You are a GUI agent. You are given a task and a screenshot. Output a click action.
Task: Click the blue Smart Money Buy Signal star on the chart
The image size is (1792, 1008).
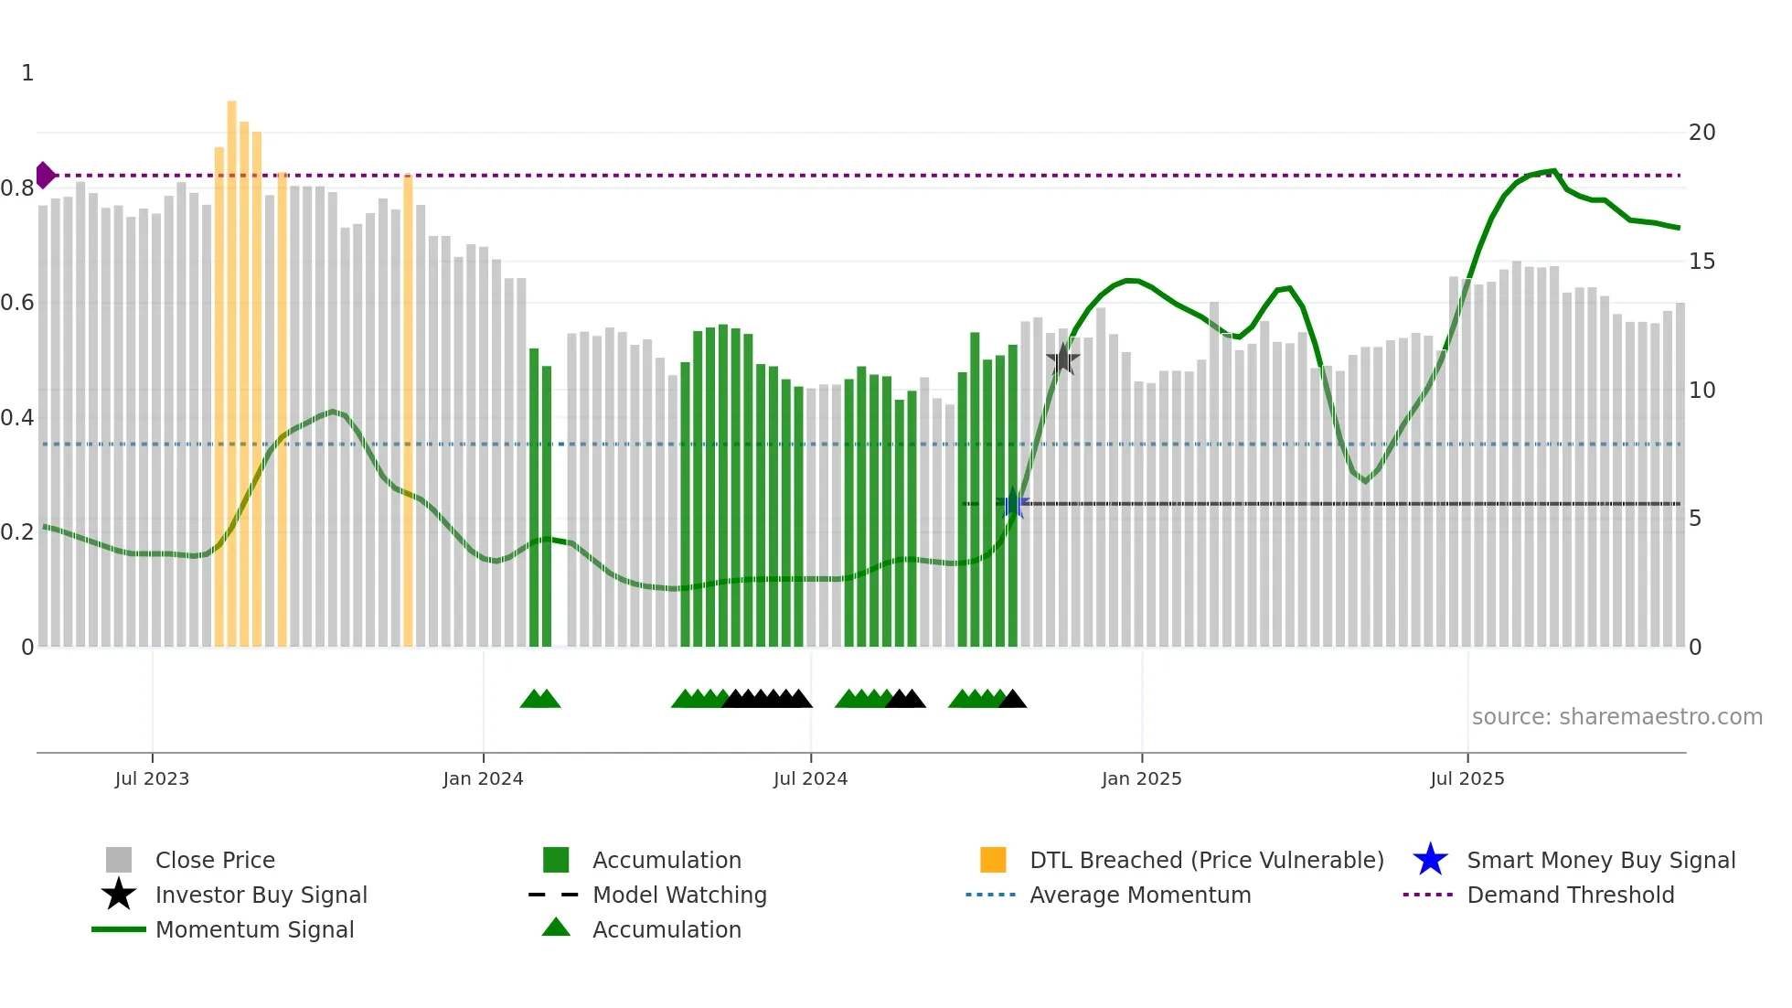(x=1013, y=504)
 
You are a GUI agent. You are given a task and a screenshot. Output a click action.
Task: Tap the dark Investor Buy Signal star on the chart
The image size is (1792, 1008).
(x=1062, y=359)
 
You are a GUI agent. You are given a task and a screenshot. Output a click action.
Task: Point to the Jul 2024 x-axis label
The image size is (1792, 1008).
(x=810, y=778)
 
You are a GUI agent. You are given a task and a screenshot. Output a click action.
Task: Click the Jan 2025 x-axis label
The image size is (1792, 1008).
(x=1141, y=778)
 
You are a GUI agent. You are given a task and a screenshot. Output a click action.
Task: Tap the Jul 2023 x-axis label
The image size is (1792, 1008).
(x=152, y=778)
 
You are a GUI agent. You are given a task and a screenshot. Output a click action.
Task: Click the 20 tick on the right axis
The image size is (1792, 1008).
(x=1701, y=133)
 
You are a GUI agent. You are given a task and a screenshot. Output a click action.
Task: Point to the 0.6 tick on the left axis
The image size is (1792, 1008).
(x=18, y=303)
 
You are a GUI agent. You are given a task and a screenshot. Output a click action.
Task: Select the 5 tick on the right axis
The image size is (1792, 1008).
(x=1695, y=519)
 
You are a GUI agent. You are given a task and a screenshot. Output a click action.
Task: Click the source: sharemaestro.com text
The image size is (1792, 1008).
(x=1616, y=717)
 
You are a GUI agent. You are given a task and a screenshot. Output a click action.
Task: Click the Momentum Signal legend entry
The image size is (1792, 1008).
(x=254, y=929)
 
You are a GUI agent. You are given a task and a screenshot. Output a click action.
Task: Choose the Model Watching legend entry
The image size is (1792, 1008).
(x=679, y=895)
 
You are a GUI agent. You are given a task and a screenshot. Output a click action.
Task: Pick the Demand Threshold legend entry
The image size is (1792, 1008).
(x=1570, y=895)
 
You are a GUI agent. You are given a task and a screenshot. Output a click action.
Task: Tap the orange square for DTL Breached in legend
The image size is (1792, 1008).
(x=993, y=860)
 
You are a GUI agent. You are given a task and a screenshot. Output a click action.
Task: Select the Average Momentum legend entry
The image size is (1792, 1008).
(x=1139, y=895)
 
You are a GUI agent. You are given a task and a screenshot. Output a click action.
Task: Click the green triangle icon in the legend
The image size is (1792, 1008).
(x=556, y=928)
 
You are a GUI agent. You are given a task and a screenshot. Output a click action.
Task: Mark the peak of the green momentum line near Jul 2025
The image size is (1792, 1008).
(x=1553, y=170)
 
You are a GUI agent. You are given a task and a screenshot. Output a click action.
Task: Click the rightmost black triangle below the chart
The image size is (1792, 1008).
(x=1012, y=700)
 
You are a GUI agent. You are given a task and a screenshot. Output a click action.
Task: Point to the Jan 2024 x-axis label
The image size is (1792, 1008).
(x=483, y=778)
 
